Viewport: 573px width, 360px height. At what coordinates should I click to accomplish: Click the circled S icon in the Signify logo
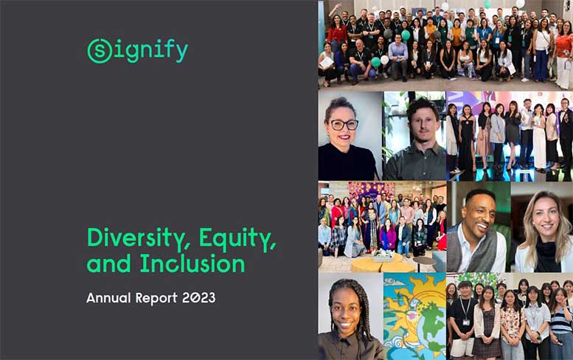[x=100, y=50]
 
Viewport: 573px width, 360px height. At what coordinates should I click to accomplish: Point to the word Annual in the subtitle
[x=109, y=299]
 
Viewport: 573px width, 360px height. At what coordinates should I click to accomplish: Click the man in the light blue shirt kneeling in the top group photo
[x=398, y=55]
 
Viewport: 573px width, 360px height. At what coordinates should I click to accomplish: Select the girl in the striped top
[x=560, y=325]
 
